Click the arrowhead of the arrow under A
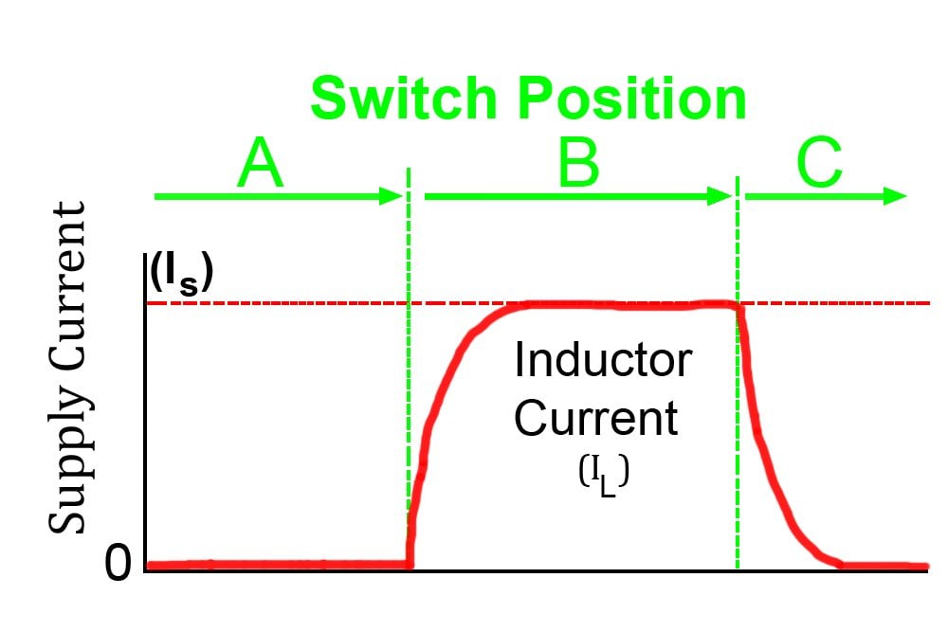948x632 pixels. click(x=390, y=196)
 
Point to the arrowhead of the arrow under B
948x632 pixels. click(x=720, y=196)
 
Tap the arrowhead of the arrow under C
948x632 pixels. click(x=895, y=196)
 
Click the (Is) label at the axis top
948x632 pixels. click(x=181, y=274)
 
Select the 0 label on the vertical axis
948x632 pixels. click(x=118, y=565)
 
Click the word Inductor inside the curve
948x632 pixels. click(x=602, y=361)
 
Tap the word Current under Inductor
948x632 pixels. click(x=596, y=418)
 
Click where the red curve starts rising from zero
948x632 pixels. click(x=410, y=564)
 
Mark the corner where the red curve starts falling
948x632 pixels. click(x=737, y=305)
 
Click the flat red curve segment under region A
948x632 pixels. click(x=275, y=566)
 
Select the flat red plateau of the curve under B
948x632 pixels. click(x=616, y=304)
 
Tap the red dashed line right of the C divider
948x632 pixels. click(x=834, y=303)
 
